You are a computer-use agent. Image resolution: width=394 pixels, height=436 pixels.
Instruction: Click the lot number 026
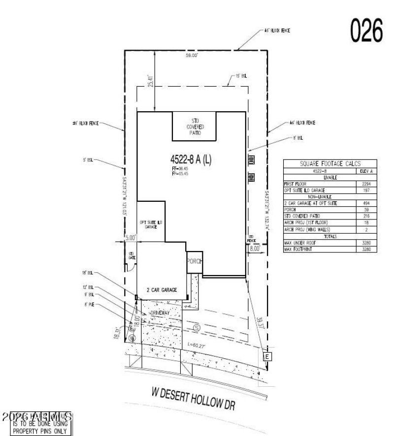pyautogui.click(x=366, y=31)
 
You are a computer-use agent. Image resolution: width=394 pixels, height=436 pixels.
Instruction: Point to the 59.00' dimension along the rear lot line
pyautogui.click(x=192, y=56)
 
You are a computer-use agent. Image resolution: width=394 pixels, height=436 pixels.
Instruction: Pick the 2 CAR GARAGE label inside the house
pyautogui.click(x=162, y=290)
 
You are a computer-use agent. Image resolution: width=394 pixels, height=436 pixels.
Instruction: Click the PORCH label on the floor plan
pyautogui.click(x=195, y=262)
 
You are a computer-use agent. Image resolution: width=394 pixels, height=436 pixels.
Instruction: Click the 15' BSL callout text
pyautogui.click(x=241, y=76)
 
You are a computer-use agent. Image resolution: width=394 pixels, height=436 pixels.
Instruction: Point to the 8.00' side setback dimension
pyautogui.click(x=255, y=249)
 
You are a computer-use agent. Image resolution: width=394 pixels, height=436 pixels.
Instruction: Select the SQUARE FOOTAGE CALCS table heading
pyautogui.click(x=330, y=164)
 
